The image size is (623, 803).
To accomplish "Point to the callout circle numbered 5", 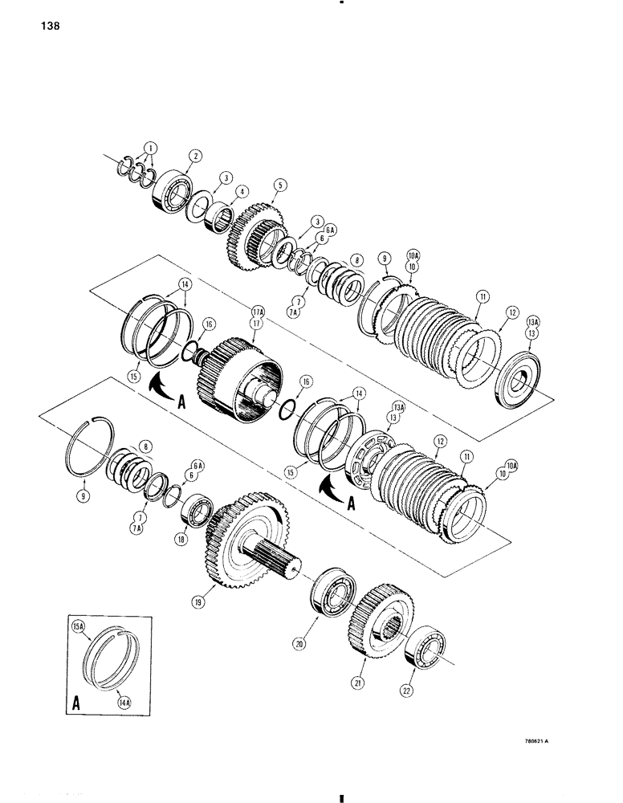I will [279, 184].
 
